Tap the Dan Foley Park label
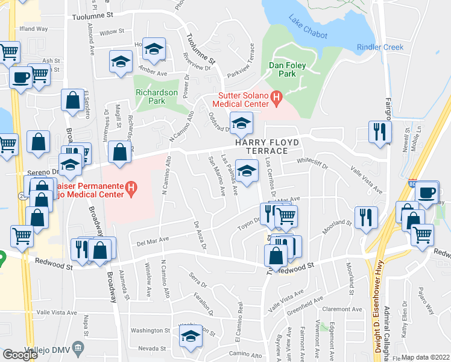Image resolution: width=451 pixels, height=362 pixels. tap(283, 68)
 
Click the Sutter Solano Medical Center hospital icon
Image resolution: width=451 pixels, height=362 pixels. tap(277, 97)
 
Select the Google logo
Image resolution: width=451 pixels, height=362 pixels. tap(20, 355)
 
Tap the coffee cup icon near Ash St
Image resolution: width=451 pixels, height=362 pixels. tap(20, 78)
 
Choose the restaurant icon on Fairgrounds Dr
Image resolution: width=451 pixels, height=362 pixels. tap(380, 132)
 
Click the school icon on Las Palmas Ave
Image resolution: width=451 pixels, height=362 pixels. tap(246, 171)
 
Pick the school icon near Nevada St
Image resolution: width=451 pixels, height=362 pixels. tap(191, 336)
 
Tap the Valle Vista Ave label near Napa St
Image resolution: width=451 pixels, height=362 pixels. tap(57, 313)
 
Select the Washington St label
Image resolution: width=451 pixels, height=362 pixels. tap(151, 331)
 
